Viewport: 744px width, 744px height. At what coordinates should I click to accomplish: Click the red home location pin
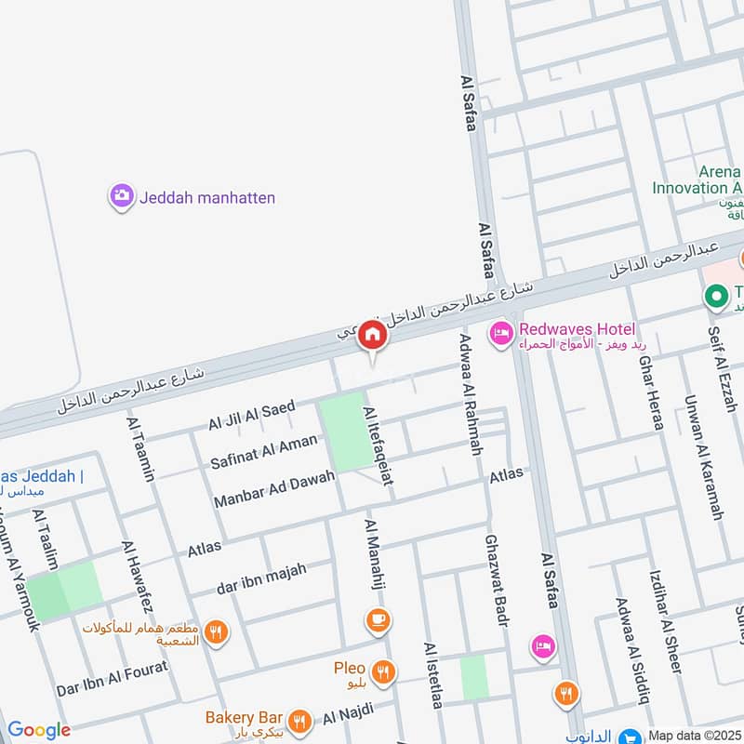(x=373, y=335)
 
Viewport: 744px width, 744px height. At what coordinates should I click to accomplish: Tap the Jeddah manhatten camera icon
(x=121, y=196)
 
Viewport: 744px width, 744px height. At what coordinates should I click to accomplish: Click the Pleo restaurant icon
(x=381, y=671)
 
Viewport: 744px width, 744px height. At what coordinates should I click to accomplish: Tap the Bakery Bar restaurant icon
(x=299, y=720)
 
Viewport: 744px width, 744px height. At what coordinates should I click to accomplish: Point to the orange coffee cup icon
(x=378, y=618)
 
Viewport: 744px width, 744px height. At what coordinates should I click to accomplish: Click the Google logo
(x=38, y=730)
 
